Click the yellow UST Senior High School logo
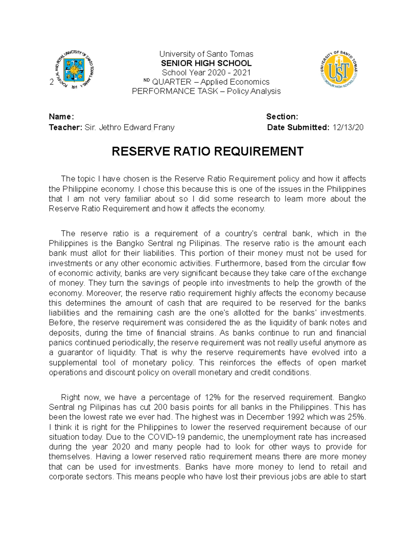pyautogui.click(x=338, y=70)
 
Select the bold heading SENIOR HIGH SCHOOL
pyautogui.click(x=206, y=63)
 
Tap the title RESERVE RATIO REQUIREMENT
pyautogui.click(x=207, y=152)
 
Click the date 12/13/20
pyautogui.click(x=348, y=127)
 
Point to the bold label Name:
pyautogui.click(x=61, y=117)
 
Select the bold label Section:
pyautogui.click(x=282, y=117)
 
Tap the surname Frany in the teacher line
pyautogui.click(x=164, y=127)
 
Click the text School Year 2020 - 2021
pyautogui.click(x=206, y=73)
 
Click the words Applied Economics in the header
pyautogui.click(x=235, y=82)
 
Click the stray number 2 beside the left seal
pyautogui.click(x=52, y=82)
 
